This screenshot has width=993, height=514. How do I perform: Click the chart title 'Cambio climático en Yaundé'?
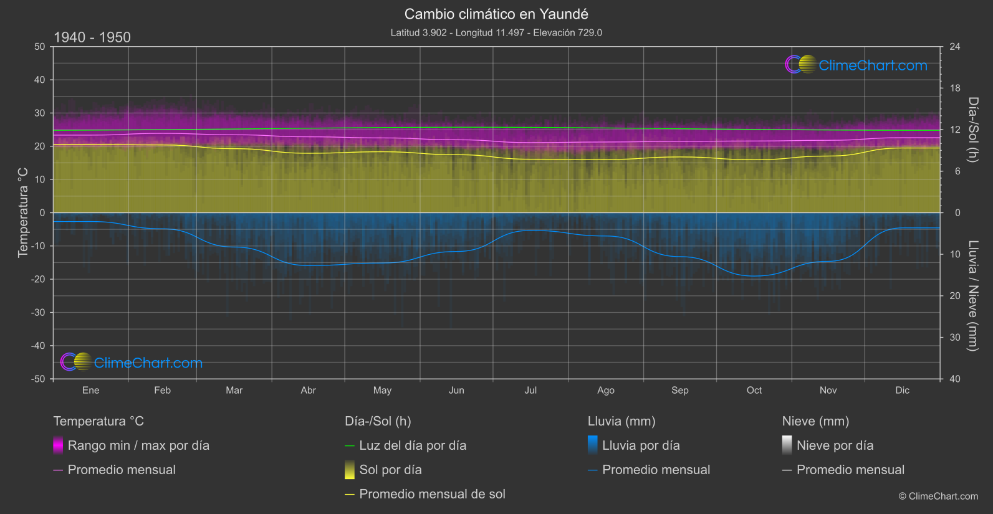[496, 14]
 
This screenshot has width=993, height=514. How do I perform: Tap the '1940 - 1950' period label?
[92, 37]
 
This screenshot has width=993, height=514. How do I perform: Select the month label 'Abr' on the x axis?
[308, 391]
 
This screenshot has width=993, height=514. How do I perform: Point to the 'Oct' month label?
[754, 391]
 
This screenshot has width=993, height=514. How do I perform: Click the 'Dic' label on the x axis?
[902, 391]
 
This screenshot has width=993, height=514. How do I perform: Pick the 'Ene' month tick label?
[90, 391]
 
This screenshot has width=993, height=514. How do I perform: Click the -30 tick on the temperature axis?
[39, 313]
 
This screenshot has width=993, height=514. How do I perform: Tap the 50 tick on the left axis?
[40, 47]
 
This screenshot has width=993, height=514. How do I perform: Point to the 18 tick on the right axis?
[955, 88]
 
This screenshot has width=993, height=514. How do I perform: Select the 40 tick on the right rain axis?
[955, 379]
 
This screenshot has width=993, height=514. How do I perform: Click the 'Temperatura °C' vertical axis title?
[23, 212]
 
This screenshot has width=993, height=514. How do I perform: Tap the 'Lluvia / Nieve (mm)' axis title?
[973, 296]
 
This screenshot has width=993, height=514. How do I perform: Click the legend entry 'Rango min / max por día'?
[138, 445]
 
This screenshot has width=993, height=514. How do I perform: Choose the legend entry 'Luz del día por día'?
[413, 445]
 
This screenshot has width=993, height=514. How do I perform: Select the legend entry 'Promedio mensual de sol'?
[432, 494]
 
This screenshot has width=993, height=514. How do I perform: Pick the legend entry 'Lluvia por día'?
[641, 445]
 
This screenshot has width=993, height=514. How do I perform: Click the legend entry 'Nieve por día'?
[835, 445]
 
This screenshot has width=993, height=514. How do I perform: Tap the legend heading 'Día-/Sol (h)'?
[378, 421]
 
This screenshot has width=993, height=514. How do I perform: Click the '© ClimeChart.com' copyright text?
[938, 497]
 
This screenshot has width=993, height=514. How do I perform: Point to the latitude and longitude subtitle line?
[496, 33]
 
